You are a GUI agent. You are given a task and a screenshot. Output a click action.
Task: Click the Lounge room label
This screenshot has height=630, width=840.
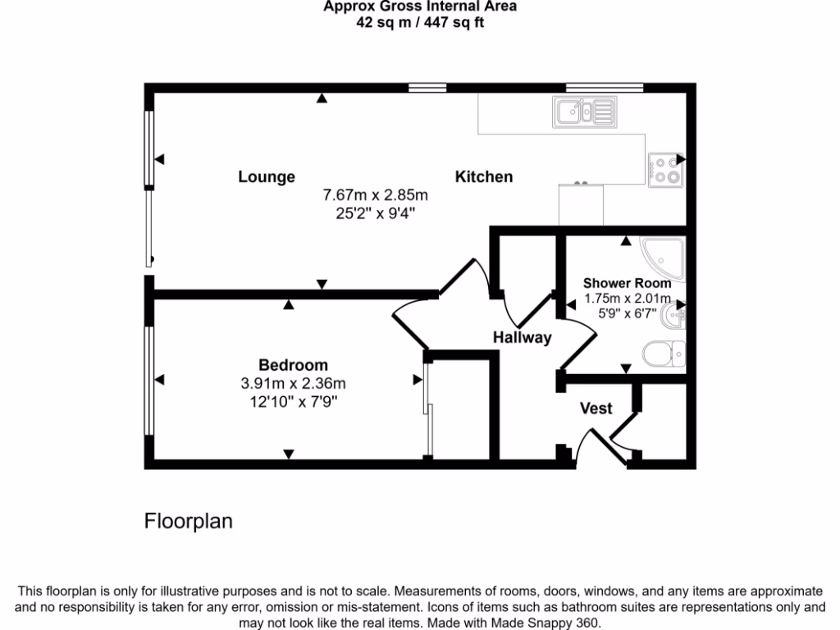[x=267, y=176]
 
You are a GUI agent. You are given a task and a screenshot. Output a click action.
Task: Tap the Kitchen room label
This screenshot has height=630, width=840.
[x=484, y=176]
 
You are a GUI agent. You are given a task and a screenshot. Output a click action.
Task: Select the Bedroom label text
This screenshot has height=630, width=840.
[x=293, y=365]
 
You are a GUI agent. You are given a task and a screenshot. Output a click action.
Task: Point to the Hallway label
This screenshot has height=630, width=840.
[x=522, y=337]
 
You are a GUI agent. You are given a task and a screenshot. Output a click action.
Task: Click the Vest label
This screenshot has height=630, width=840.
[x=596, y=408]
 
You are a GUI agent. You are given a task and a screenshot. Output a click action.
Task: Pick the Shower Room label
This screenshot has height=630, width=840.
[x=627, y=284]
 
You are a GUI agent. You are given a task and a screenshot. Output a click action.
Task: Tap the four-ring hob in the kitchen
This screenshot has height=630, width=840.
[x=665, y=169]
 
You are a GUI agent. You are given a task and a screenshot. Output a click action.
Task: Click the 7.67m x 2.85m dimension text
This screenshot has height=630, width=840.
[x=376, y=195]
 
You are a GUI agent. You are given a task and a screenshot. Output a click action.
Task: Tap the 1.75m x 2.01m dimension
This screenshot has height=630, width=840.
[x=627, y=299]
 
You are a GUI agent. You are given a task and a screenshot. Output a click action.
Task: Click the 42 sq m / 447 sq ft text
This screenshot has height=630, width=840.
[x=419, y=23]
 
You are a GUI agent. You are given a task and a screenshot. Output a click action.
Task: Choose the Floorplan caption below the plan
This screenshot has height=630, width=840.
[x=189, y=521]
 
